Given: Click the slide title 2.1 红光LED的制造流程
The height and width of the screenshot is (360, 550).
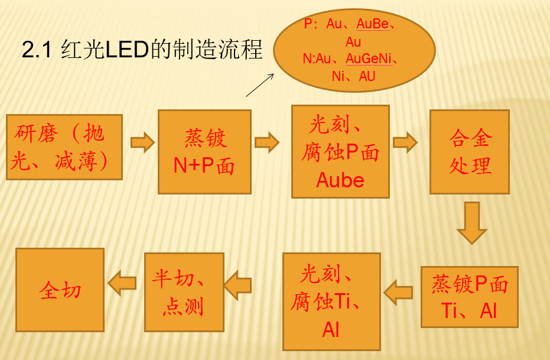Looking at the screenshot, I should (x=142, y=50).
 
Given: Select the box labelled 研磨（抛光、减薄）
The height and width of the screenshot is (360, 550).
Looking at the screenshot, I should (x=64, y=147).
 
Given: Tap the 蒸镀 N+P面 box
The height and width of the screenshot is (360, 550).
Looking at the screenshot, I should (x=204, y=151).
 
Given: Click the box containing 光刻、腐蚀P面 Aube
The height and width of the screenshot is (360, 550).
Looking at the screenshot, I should (x=340, y=151).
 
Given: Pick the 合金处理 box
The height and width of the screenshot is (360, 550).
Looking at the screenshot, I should (x=470, y=151).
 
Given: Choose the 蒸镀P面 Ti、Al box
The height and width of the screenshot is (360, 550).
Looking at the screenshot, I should (x=470, y=297).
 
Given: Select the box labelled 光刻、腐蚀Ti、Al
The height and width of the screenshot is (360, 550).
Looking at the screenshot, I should (x=331, y=301).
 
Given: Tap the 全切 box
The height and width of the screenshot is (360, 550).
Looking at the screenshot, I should (x=60, y=290).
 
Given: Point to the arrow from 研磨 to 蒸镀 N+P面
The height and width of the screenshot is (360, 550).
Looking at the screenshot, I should (x=142, y=142).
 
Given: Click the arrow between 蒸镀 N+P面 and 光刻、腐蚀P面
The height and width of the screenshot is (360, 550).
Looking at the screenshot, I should (x=266, y=142).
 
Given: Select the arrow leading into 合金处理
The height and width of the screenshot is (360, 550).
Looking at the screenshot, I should (x=405, y=142).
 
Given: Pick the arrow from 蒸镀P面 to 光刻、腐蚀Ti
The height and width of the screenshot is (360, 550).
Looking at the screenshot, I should (x=399, y=291).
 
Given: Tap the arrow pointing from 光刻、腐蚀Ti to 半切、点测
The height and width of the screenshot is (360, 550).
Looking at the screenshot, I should (x=238, y=285).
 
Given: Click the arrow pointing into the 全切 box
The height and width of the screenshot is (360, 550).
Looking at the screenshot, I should (x=122, y=282).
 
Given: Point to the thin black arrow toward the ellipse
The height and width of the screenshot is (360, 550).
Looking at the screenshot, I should (x=260, y=85).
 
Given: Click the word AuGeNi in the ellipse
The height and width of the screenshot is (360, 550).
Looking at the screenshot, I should (x=370, y=59).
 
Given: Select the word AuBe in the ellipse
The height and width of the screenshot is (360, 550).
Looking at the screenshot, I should (x=372, y=24).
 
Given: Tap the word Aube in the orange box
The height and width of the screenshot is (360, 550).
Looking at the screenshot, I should (x=340, y=180).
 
